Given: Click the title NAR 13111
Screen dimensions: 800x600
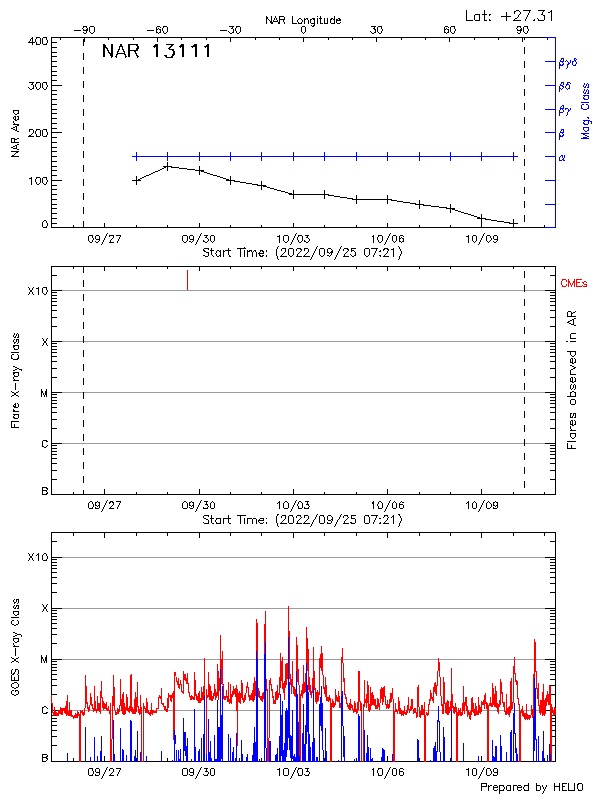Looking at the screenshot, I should pyautogui.click(x=156, y=52).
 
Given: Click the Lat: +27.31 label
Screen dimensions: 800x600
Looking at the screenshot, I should pyautogui.click(x=511, y=15).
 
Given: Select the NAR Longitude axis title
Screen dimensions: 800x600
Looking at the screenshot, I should pyautogui.click(x=303, y=20).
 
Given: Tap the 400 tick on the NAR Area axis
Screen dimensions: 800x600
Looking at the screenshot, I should pyautogui.click(x=39, y=42).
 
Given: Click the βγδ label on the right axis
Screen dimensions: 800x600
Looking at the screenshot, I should pyautogui.click(x=567, y=62).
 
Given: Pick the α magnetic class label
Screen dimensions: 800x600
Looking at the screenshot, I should pyautogui.click(x=562, y=157).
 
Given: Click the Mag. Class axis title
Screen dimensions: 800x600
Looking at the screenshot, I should pyautogui.click(x=586, y=110).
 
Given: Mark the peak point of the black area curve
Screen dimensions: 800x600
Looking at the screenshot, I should pyautogui.click(x=168, y=166).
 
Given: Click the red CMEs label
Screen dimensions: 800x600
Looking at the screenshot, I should pyautogui.click(x=573, y=285).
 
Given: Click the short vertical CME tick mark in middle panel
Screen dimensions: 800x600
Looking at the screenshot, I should pyautogui.click(x=187, y=280).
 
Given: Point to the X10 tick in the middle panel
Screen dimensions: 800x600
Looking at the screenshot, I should pyautogui.click(x=38, y=291).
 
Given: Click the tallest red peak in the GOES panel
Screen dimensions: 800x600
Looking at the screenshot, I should pyautogui.click(x=289, y=608).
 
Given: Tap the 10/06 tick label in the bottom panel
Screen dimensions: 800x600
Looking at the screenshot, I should pyautogui.click(x=387, y=772).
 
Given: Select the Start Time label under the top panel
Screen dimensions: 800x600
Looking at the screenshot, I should pyautogui.click(x=302, y=254).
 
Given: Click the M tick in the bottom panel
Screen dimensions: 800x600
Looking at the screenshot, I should pyautogui.click(x=44, y=659).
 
